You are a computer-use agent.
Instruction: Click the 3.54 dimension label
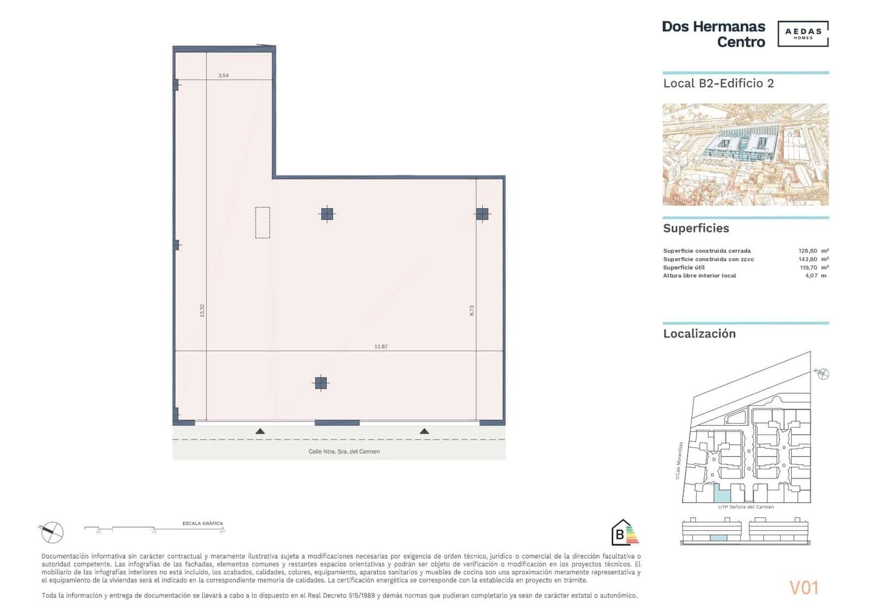coord(223,76)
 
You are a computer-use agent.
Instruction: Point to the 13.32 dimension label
coord(202,310)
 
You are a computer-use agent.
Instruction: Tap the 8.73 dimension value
coord(472,310)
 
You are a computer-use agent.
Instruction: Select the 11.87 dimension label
coord(381,346)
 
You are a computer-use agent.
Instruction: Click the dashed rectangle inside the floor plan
coord(263,222)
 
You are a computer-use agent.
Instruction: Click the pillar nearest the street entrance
coord(321,383)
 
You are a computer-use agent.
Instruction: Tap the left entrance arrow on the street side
coord(260,431)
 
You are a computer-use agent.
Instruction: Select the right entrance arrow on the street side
coord(424,431)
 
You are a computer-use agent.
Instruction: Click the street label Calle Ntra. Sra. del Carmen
coord(344,451)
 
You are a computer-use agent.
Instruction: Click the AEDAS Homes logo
coord(803,34)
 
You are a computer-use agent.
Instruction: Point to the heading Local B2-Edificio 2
coord(718,83)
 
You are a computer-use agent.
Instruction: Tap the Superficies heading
coord(696,228)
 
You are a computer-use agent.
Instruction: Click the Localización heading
coord(699,334)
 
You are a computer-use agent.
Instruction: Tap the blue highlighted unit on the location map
coord(721,494)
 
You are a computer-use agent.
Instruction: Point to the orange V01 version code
coord(804,588)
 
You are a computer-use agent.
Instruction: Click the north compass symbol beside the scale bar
coord(52,532)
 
